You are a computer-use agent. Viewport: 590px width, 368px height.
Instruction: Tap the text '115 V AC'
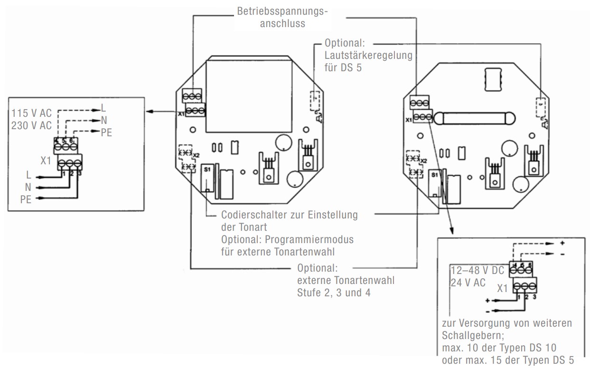[x=32, y=114]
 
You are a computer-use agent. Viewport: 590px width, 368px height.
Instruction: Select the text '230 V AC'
[x=32, y=126]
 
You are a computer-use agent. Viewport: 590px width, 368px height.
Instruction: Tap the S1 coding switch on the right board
[x=434, y=183]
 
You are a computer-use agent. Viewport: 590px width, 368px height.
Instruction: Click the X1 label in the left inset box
[x=46, y=160]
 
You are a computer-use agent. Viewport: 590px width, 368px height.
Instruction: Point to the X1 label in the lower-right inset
[x=504, y=288]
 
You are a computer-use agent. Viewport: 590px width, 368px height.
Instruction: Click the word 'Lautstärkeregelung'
[x=368, y=56]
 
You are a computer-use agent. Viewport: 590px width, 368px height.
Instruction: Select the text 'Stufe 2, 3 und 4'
[x=333, y=293]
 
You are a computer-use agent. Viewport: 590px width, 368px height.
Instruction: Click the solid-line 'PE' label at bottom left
[x=26, y=199]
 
